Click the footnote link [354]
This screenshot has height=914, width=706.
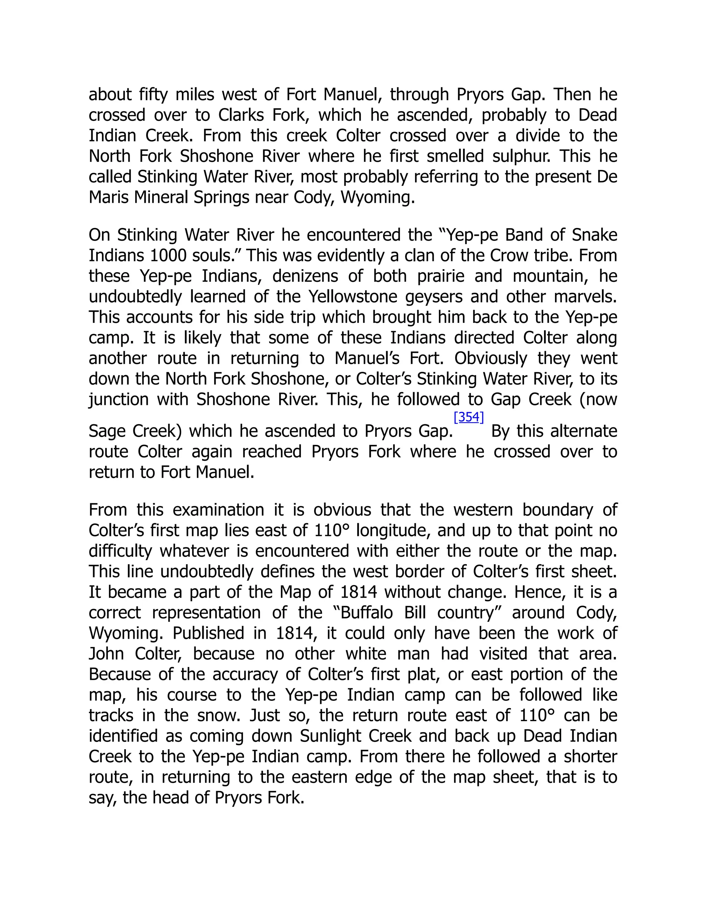click(x=468, y=417)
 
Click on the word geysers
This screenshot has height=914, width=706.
click(x=436, y=296)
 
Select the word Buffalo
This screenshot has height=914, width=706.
click(x=367, y=613)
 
